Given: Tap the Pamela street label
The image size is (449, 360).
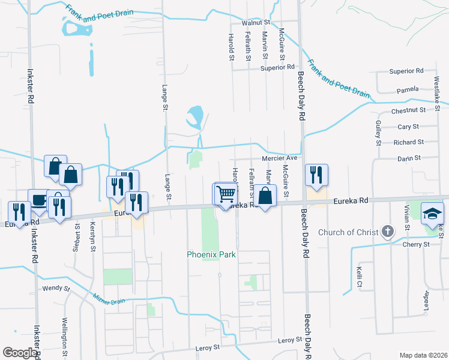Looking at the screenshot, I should click(408, 90).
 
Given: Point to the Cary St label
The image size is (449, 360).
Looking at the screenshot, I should click(408, 127).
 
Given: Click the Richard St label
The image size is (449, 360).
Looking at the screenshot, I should click(408, 142).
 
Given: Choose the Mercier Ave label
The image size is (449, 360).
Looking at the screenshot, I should click(280, 158).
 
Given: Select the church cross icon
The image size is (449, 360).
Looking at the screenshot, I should click(388, 232).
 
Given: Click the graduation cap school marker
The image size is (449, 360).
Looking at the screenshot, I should click(432, 214).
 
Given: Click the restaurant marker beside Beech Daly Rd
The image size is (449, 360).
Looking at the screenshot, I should click(316, 175).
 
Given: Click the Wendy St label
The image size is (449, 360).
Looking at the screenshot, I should click(56, 289).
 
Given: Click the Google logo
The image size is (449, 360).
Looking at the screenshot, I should click(20, 353).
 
